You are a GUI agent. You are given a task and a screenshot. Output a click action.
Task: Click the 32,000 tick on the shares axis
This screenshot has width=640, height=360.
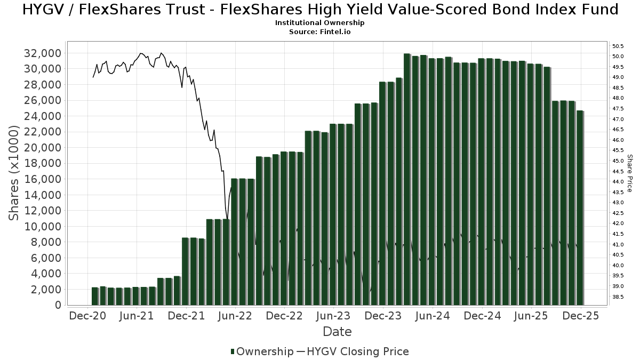[43, 53]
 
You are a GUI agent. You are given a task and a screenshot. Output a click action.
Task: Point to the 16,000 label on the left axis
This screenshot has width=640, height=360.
[43, 179]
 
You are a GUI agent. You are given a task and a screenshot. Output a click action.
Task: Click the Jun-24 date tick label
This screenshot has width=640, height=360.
[433, 316]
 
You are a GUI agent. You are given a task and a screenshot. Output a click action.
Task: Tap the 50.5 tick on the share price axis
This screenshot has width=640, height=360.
[618, 46]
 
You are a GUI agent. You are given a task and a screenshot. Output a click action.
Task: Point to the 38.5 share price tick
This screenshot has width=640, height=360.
[618, 297]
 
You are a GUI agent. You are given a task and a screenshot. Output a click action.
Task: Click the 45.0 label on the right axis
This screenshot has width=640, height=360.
[618, 161]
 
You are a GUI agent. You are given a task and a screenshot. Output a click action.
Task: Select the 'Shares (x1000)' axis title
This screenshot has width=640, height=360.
[14, 173]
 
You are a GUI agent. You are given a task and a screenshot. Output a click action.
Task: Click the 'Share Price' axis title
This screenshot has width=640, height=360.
[630, 173]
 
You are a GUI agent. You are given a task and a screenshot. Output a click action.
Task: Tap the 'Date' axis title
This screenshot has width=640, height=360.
[337, 331]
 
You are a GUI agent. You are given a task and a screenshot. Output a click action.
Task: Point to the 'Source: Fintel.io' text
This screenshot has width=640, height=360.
[320, 32]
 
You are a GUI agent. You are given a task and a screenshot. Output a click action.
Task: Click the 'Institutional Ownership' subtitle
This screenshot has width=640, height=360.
[320, 23]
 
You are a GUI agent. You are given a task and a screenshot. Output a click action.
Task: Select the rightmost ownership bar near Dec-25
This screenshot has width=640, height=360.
[580, 208]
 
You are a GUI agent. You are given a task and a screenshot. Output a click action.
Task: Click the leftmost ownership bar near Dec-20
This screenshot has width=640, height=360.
[95, 296]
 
